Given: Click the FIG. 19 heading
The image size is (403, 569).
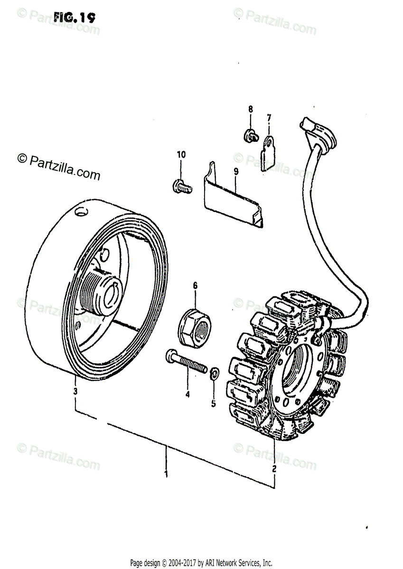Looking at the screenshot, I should coord(75,18).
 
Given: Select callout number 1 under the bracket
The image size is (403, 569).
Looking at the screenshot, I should coord(166,474).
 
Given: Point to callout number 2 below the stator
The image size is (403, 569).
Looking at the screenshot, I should coord(274,469).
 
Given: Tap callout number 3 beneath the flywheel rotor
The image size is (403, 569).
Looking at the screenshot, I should coord(75,391).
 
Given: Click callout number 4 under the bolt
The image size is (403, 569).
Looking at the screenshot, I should coord(187,394).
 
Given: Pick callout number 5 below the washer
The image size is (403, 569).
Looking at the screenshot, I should coord(213,404).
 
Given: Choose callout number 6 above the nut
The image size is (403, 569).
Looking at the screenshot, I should coord(195,285).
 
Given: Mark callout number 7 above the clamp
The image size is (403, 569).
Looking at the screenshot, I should coord(269,117).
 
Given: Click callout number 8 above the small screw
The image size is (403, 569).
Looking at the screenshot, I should coord(251,110).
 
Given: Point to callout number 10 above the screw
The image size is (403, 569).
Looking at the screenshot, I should coord(181,155).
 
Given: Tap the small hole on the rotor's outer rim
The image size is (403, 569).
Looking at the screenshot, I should coord(81,212).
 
